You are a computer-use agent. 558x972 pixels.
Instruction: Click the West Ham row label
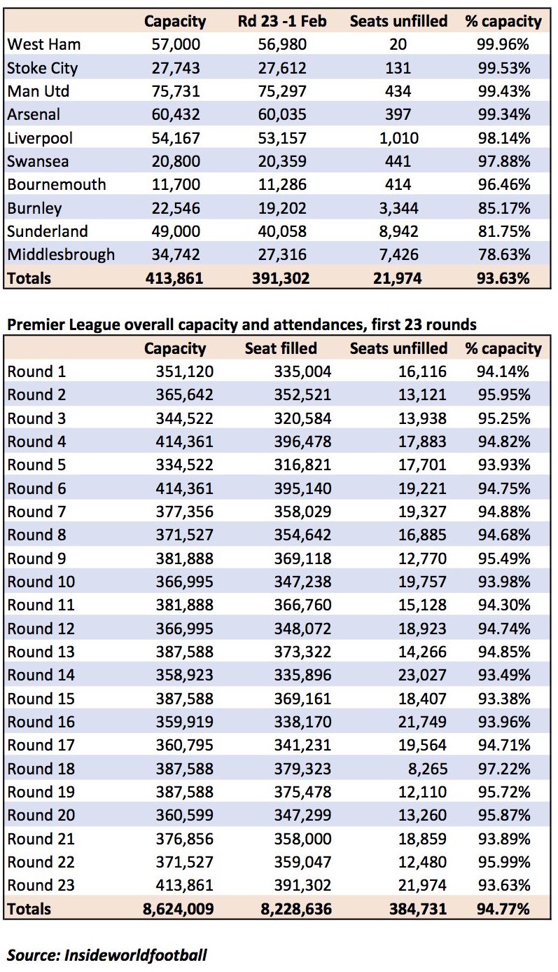pyautogui.click(x=44, y=44)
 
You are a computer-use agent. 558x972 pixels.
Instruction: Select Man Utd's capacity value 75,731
pyautogui.click(x=176, y=91)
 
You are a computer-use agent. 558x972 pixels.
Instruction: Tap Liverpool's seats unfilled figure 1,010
pyautogui.click(x=398, y=138)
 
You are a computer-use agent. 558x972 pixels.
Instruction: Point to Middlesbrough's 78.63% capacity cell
pyautogui.click(x=504, y=254)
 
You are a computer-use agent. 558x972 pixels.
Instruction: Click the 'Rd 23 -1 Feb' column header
pyautogui.click(x=282, y=21)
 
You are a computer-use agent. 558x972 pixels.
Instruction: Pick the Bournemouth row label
pyautogui.click(x=57, y=184)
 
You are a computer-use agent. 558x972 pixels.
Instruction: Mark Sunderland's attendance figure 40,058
pyautogui.click(x=282, y=231)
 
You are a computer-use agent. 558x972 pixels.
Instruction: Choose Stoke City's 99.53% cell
pyautogui.click(x=504, y=68)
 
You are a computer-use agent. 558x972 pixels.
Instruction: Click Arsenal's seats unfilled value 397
pyautogui.click(x=398, y=114)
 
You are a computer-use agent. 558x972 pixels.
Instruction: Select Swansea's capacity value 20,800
pyautogui.click(x=176, y=161)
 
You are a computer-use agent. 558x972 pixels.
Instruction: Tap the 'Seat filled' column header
pyautogui.click(x=281, y=348)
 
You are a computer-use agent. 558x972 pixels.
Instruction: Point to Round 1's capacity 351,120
pyautogui.click(x=185, y=371)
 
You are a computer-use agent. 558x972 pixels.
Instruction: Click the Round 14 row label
pyautogui.click(x=41, y=675)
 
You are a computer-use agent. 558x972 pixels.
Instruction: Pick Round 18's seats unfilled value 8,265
pyautogui.click(x=428, y=769)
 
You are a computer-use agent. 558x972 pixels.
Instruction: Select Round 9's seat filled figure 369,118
pyautogui.click(x=302, y=558)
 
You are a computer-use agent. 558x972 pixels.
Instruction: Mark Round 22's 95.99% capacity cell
pyautogui.click(x=504, y=862)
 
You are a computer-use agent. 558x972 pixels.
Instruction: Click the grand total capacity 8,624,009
pyautogui.click(x=179, y=909)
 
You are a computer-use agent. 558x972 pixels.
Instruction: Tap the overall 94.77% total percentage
pyautogui.click(x=503, y=909)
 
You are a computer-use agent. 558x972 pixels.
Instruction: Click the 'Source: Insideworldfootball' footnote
pyautogui.click(x=107, y=954)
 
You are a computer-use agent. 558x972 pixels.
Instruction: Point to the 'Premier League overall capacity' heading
pyautogui.click(x=242, y=324)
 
